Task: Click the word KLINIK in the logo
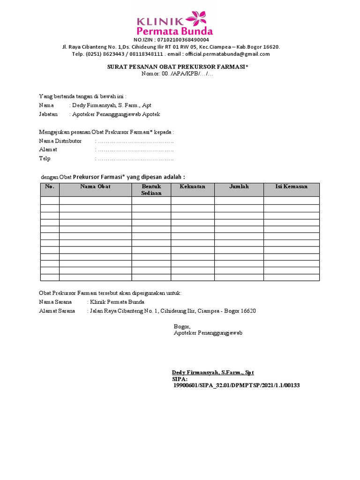(160, 21)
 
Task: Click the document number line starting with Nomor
(178, 74)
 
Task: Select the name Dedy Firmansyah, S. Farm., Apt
(111, 105)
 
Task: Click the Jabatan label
(48, 114)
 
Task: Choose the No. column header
(50, 187)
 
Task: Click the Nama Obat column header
(95, 187)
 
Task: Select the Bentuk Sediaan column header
(151, 190)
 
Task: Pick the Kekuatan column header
(192, 187)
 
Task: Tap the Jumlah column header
(239, 187)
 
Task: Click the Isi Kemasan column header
(291, 187)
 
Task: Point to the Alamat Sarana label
(57, 311)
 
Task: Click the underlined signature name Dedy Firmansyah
(213, 372)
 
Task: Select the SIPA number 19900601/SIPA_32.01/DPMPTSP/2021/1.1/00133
(236, 385)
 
